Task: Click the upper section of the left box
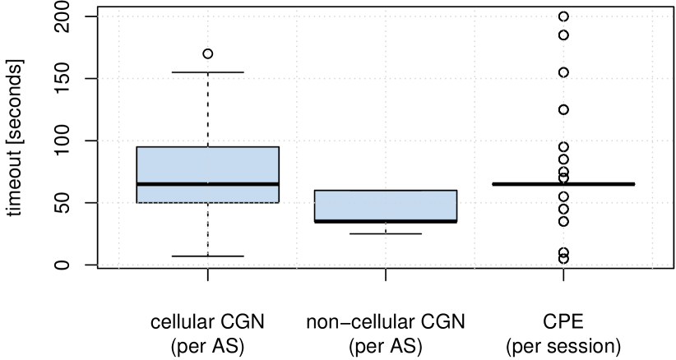[x=207, y=164]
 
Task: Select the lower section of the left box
[x=207, y=194]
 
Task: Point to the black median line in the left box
[x=207, y=184]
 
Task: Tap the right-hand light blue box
[x=385, y=205]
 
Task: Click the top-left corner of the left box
[x=137, y=148]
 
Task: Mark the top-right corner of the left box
[x=278, y=148]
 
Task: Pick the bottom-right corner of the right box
[x=456, y=219]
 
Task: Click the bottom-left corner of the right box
[x=316, y=219]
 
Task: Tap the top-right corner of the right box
[x=456, y=192]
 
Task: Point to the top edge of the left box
[x=207, y=148]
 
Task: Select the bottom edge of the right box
[x=385, y=219]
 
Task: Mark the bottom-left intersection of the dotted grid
[x=118, y=265]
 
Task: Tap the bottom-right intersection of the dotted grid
[x=652, y=265]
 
